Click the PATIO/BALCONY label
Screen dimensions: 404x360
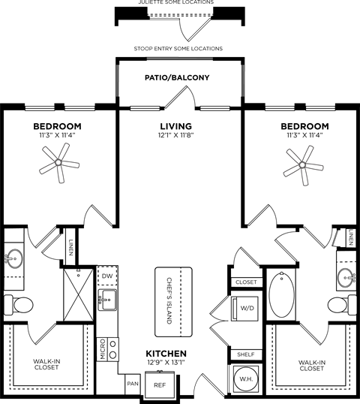pyautogui.click(x=177, y=78)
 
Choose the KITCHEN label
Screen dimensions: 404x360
pyautogui.click(x=166, y=353)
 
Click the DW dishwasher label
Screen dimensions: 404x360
pyautogui.click(x=106, y=276)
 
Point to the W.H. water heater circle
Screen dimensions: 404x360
pyautogui.click(x=244, y=380)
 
